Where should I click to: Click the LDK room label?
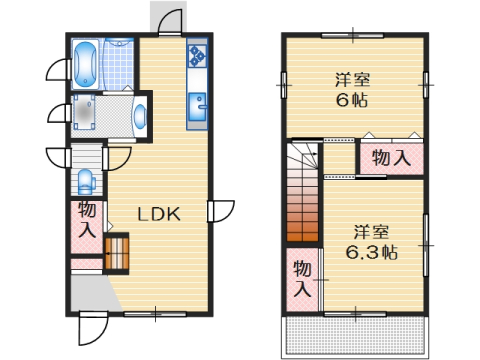click(158, 213)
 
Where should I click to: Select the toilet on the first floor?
click(85, 182)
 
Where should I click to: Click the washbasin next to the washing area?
click(138, 115)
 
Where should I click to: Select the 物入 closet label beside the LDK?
click(87, 221)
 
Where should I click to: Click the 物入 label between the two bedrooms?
click(390, 157)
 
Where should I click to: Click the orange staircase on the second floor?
click(302, 212)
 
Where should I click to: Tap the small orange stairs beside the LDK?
click(117, 252)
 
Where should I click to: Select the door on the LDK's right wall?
click(221, 211)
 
